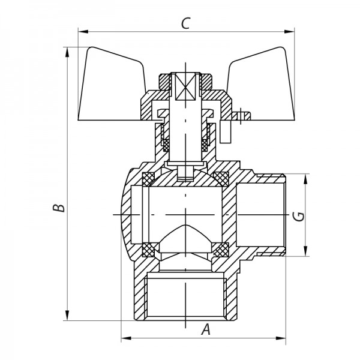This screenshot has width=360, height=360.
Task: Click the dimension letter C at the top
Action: [186, 23]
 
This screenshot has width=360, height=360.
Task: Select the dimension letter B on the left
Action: [58, 208]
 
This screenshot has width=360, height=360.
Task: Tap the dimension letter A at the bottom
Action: [206, 329]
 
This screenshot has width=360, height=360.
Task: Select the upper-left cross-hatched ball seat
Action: [148, 178]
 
